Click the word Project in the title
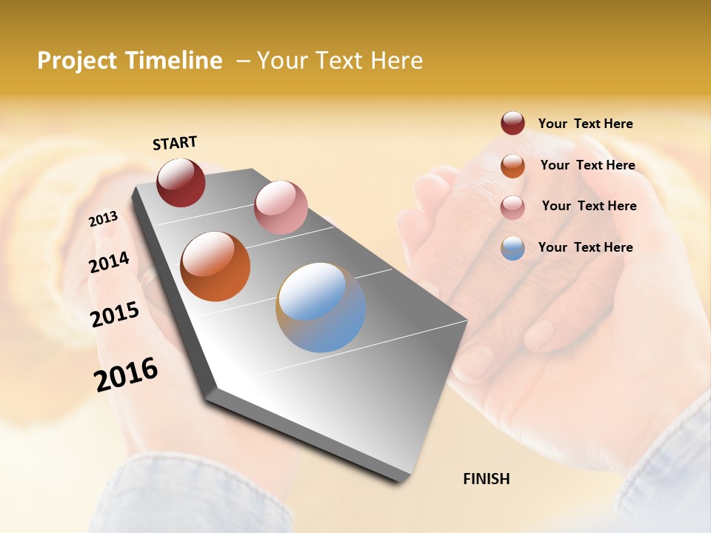click(x=76, y=61)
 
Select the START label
click(x=175, y=143)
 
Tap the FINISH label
click(x=486, y=479)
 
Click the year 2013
click(x=103, y=219)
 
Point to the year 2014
click(x=109, y=262)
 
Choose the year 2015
click(x=115, y=315)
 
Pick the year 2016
click(x=126, y=374)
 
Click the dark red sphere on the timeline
click(x=181, y=182)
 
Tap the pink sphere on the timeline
click(x=281, y=207)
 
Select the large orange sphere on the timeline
click(x=216, y=266)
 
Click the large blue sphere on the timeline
click(x=321, y=307)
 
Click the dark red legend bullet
click(x=513, y=123)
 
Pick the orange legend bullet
click(x=513, y=166)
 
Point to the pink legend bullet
click(x=513, y=207)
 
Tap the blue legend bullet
click(x=513, y=248)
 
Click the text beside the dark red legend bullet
click(x=585, y=124)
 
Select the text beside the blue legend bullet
click(x=585, y=247)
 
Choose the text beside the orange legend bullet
click(x=587, y=165)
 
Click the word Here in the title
click(x=397, y=61)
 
